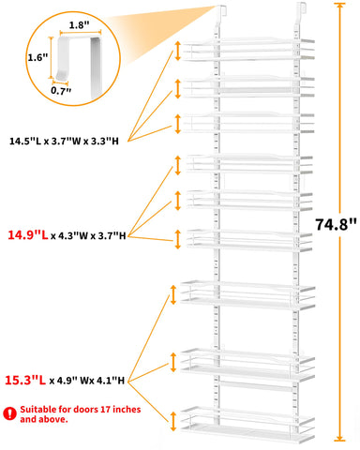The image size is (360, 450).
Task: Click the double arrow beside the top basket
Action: click(175, 53)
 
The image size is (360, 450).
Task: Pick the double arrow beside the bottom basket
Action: click(173, 419)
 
